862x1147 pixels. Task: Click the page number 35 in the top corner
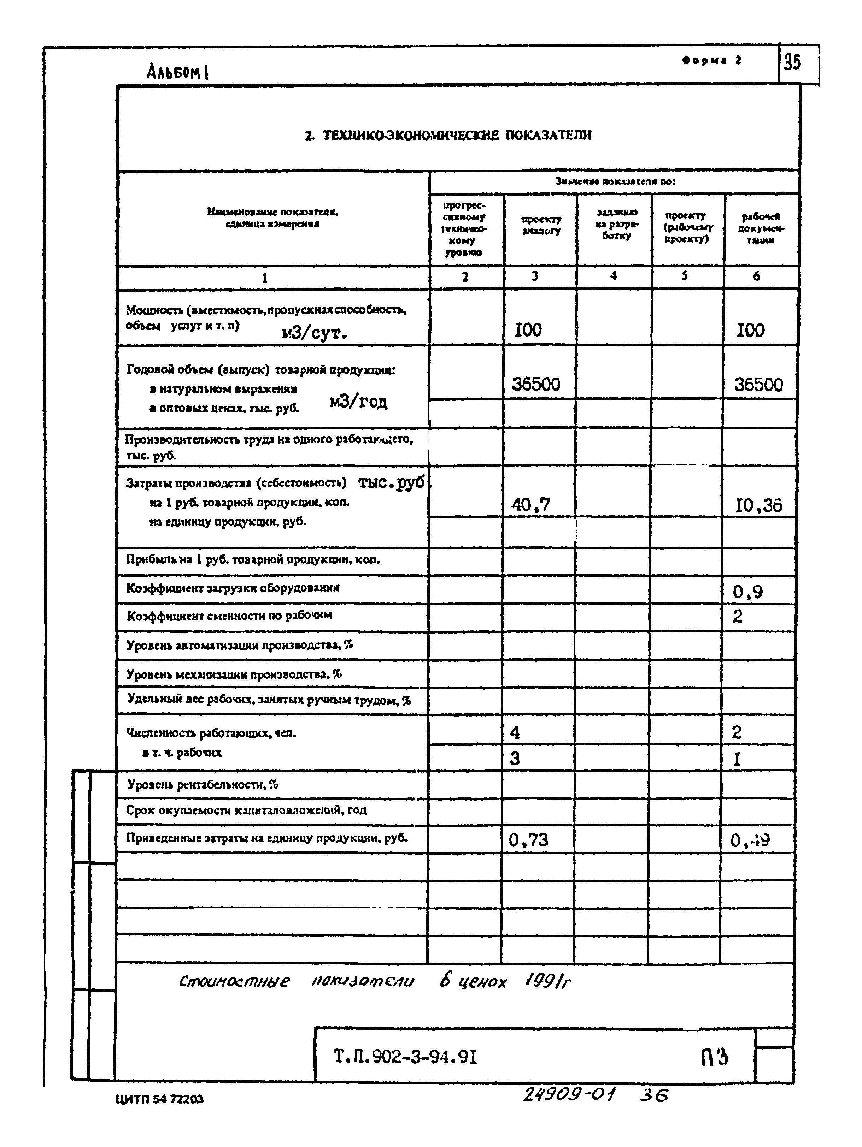coord(792,63)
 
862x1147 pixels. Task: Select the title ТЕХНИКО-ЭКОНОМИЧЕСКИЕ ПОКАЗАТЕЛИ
coord(448,136)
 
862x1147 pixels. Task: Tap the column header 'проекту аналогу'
coord(541,226)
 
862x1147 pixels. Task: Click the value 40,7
coord(530,504)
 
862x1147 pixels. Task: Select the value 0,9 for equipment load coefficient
coord(747,592)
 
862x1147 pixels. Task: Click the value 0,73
coord(528,839)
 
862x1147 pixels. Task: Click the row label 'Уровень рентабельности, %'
coord(203,785)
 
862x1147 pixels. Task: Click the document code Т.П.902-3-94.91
coord(405,1056)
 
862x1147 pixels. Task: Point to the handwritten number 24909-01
coord(569,1095)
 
